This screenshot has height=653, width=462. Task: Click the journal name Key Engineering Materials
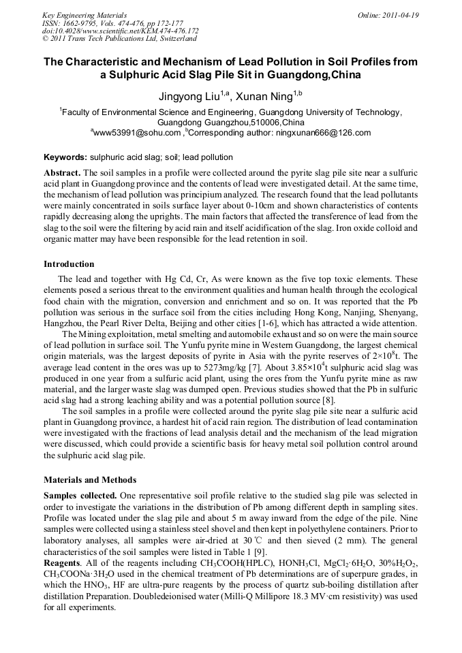click(84, 14)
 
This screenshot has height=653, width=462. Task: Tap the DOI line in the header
click(121, 31)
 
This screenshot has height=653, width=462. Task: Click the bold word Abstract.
click(62, 174)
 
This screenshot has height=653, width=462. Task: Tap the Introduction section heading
click(69, 264)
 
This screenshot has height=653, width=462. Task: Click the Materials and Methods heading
click(90, 479)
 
